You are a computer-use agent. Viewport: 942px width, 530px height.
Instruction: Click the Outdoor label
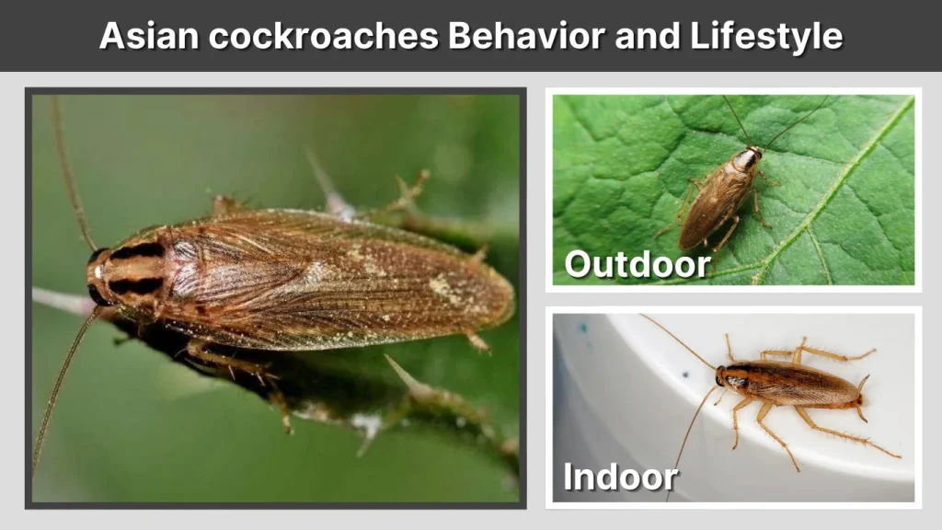click(637, 265)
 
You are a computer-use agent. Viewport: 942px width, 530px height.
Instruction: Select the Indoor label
click(620, 477)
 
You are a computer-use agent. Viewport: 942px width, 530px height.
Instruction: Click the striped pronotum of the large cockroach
click(133, 271)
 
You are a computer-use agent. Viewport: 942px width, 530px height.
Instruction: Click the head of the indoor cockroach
click(726, 378)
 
